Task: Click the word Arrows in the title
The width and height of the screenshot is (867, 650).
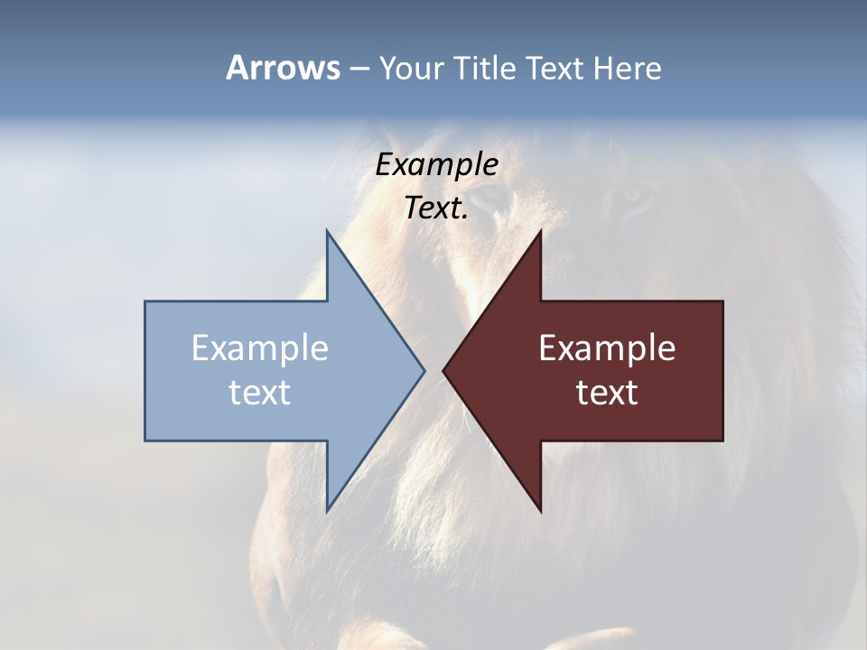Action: click(x=283, y=68)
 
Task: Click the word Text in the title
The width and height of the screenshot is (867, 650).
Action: click(x=555, y=68)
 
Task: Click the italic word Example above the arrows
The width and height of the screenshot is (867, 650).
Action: click(x=437, y=165)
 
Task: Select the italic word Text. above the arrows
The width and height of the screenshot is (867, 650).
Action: click(x=434, y=209)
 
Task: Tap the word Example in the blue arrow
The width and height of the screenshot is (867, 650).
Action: click(x=260, y=348)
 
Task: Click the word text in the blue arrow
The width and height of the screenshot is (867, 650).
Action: click(x=260, y=393)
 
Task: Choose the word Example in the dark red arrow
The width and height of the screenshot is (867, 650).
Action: click(x=607, y=348)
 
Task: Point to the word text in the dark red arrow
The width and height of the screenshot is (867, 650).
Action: click(x=607, y=393)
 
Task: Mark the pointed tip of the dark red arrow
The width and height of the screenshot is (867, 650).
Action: click(x=444, y=370)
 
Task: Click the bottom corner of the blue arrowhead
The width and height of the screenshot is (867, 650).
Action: click(x=328, y=509)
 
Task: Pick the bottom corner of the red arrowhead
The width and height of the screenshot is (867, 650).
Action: click(x=540, y=509)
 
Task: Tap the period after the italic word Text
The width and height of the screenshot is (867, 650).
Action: click(x=464, y=218)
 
